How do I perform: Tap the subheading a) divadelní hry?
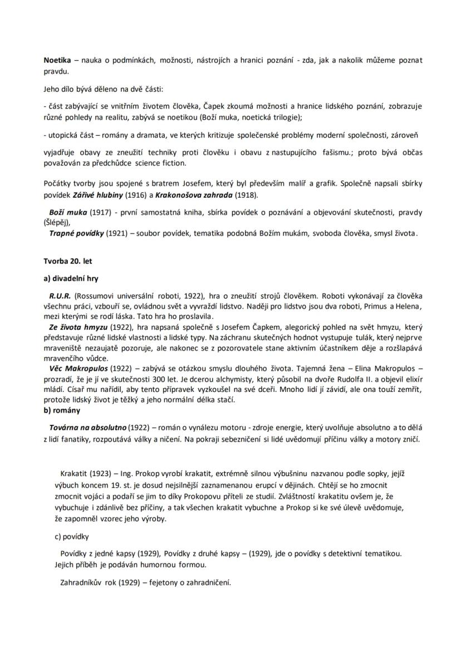coord(71,278)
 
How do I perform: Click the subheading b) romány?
coord(62,410)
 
